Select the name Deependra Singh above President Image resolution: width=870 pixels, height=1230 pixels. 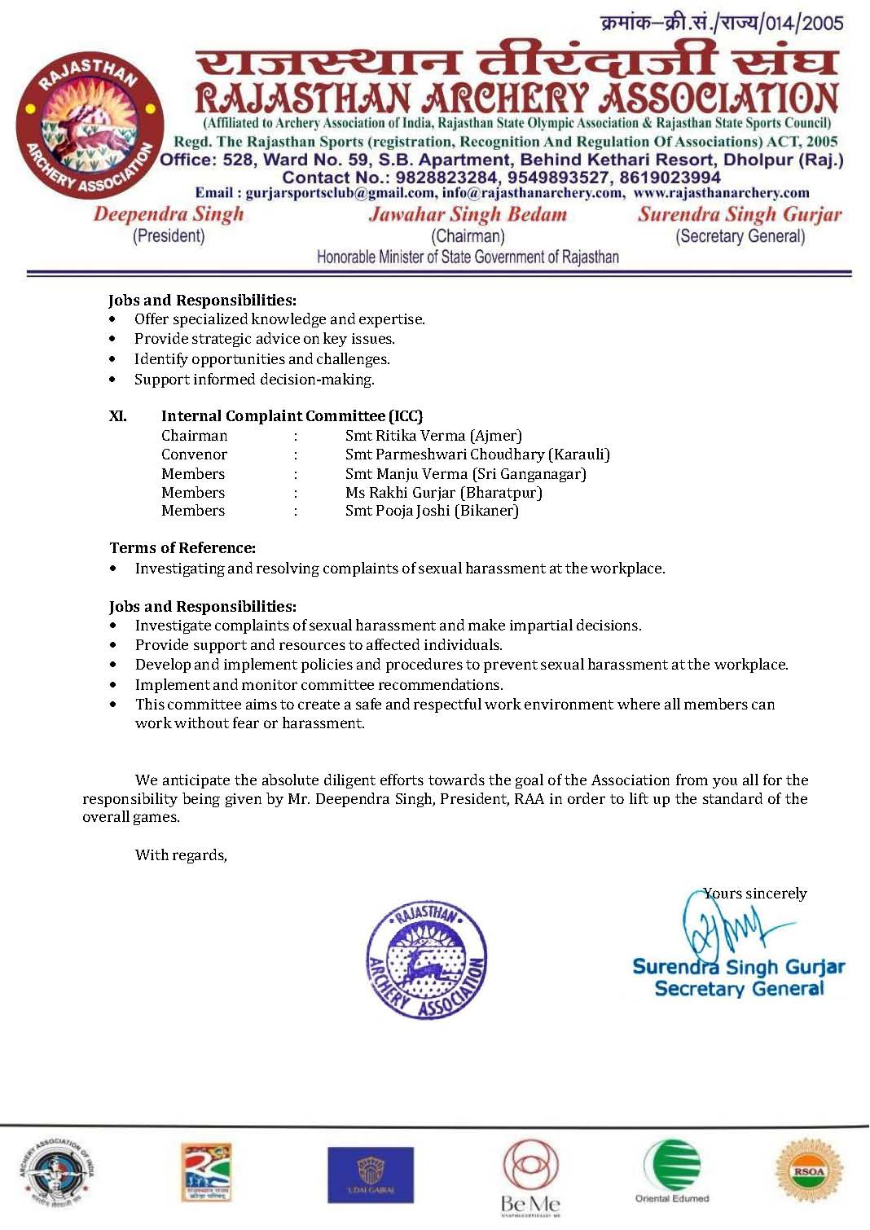pos(169,214)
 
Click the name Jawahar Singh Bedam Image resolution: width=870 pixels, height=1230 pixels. pos(468,215)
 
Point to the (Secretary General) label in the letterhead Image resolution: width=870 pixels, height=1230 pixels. pos(740,236)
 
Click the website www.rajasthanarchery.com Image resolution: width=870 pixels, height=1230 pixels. pos(721,193)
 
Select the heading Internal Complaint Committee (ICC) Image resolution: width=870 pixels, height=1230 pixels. pos(292,416)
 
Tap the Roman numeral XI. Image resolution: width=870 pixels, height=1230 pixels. pos(118,416)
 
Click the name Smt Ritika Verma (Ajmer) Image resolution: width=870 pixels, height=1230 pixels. pos(433,436)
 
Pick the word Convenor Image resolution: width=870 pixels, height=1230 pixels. pos(194,455)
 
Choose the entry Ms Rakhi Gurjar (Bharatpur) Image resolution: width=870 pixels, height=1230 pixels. pos(443,493)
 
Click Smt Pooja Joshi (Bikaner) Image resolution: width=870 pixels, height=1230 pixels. pos(432,511)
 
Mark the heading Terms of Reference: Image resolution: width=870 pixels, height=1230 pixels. pos(182,548)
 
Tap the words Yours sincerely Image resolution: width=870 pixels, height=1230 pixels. pos(755,894)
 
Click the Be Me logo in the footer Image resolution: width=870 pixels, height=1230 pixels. pos(530,1176)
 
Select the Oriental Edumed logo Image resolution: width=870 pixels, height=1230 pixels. pos(672,1172)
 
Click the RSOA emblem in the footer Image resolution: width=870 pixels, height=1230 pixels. pos(809,1171)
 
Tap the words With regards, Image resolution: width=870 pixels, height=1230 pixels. pos(181,855)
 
